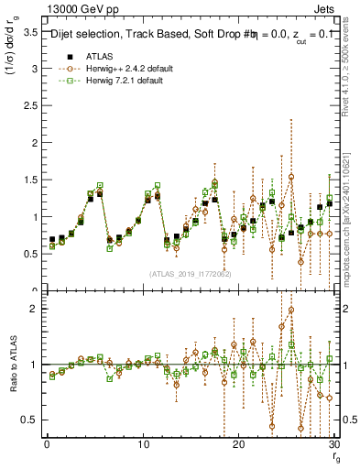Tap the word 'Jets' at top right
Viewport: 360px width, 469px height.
pos(326,7)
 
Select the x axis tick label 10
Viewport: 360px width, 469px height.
pos(142,444)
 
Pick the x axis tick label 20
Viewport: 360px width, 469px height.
pos(238,444)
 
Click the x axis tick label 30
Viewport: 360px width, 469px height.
pos(333,444)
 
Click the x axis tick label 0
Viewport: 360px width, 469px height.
pos(46,444)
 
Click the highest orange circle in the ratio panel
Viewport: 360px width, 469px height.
pos(290,310)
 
